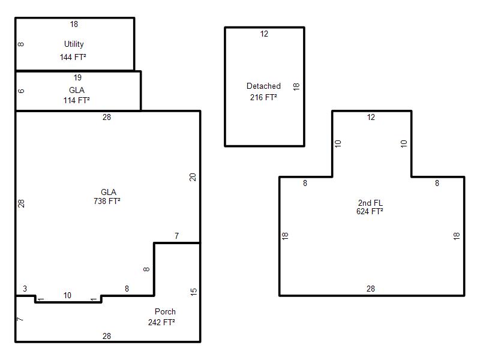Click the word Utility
pyautogui.click(x=74, y=44)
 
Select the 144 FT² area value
pyautogui.click(x=73, y=57)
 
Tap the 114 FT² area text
pyautogui.click(x=77, y=100)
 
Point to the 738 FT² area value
pyautogui.click(x=107, y=201)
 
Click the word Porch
pyautogui.click(x=166, y=311)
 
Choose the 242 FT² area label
pyautogui.click(x=161, y=322)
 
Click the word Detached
pyautogui.click(x=263, y=86)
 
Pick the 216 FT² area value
pyautogui.click(x=263, y=97)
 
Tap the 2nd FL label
pyautogui.click(x=370, y=203)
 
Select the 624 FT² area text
pyautogui.click(x=370, y=211)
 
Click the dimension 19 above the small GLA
pyautogui.click(x=78, y=78)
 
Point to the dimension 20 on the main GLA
pyautogui.click(x=193, y=177)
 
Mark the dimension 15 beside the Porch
pyautogui.click(x=194, y=292)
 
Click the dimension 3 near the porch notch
pyautogui.click(x=25, y=289)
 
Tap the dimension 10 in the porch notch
pyautogui.click(x=67, y=295)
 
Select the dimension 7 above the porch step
pyautogui.click(x=176, y=236)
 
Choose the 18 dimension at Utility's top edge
pyautogui.click(x=74, y=24)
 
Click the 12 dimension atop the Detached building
pyautogui.click(x=264, y=34)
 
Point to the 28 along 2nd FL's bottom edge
pyautogui.click(x=371, y=289)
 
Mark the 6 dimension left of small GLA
pyautogui.click(x=21, y=91)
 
